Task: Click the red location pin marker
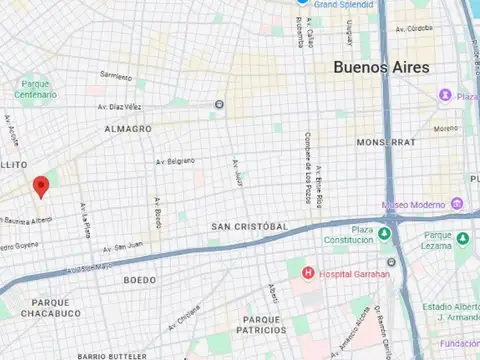(41, 186)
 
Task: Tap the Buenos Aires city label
(382, 68)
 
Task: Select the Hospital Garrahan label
(352, 272)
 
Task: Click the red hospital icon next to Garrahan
(308, 272)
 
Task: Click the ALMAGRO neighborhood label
(127, 129)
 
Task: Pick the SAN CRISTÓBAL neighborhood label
(249, 227)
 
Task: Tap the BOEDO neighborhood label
(140, 281)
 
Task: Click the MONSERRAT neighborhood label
(385, 142)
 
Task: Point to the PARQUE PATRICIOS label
(262, 325)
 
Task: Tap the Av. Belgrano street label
(175, 161)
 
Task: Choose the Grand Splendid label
(346, 4)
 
